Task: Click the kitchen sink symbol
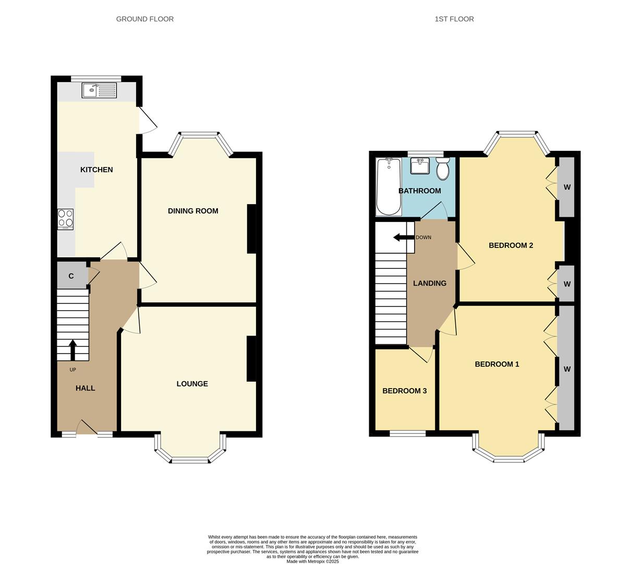pos(99,90)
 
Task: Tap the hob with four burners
pos(65,219)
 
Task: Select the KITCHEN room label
pos(96,170)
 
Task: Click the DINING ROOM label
pos(193,211)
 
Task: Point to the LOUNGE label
pos(192,384)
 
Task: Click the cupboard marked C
pos(71,276)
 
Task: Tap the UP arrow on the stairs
pos(72,350)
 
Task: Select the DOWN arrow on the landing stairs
pos(401,238)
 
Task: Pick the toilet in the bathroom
pos(443,170)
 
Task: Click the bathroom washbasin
pos(419,166)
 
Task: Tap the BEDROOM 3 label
pos(405,391)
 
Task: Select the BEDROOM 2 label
pos(511,245)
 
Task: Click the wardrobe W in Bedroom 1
pos(566,369)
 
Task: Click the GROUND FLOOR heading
pos(145,19)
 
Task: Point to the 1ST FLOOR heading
pos(454,19)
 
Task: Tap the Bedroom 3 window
pos(407,433)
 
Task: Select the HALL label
pos(85,388)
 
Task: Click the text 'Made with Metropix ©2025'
pos(312,561)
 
